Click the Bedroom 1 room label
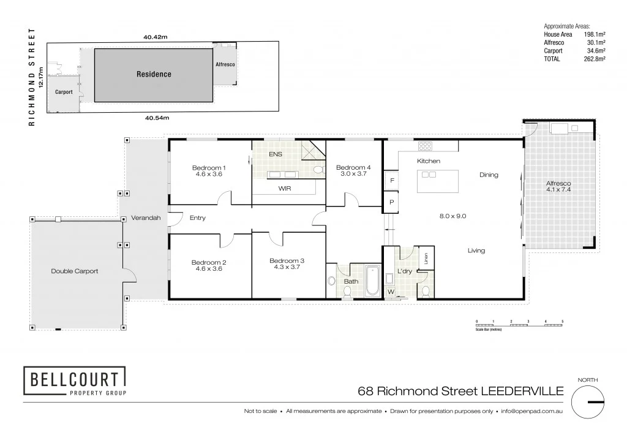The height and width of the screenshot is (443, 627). click(x=209, y=168)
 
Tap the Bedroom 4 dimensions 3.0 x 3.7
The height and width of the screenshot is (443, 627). click(x=353, y=175)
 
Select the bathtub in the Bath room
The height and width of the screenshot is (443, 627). click(x=372, y=281)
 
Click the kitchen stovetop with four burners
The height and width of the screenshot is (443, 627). click(x=425, y=146)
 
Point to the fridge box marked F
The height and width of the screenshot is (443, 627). click(x=391, y=181)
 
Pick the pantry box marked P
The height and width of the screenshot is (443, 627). click(x=391, y=202)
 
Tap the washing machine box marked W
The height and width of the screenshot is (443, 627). click(x=391, y=292)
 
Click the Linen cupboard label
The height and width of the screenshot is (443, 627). click(x=426, y=257)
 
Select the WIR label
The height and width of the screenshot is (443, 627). click(x=284, y=188)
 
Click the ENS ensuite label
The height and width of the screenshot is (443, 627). click(x=276, y=154)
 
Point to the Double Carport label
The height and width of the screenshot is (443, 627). click(x=74, y=271)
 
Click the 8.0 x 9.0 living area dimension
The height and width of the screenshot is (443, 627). click(x=452, y=216)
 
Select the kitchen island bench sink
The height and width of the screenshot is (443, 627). click(x=429, y=175)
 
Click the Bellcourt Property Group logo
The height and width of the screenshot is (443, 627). click(x=75, y=381)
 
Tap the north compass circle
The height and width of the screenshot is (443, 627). click(x=587, y=402)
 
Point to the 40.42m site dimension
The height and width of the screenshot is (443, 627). click(x=156, y=37)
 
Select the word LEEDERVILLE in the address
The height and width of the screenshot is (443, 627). click(x=521, y=392)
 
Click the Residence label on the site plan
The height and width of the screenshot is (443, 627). click(x=154, y=74)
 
